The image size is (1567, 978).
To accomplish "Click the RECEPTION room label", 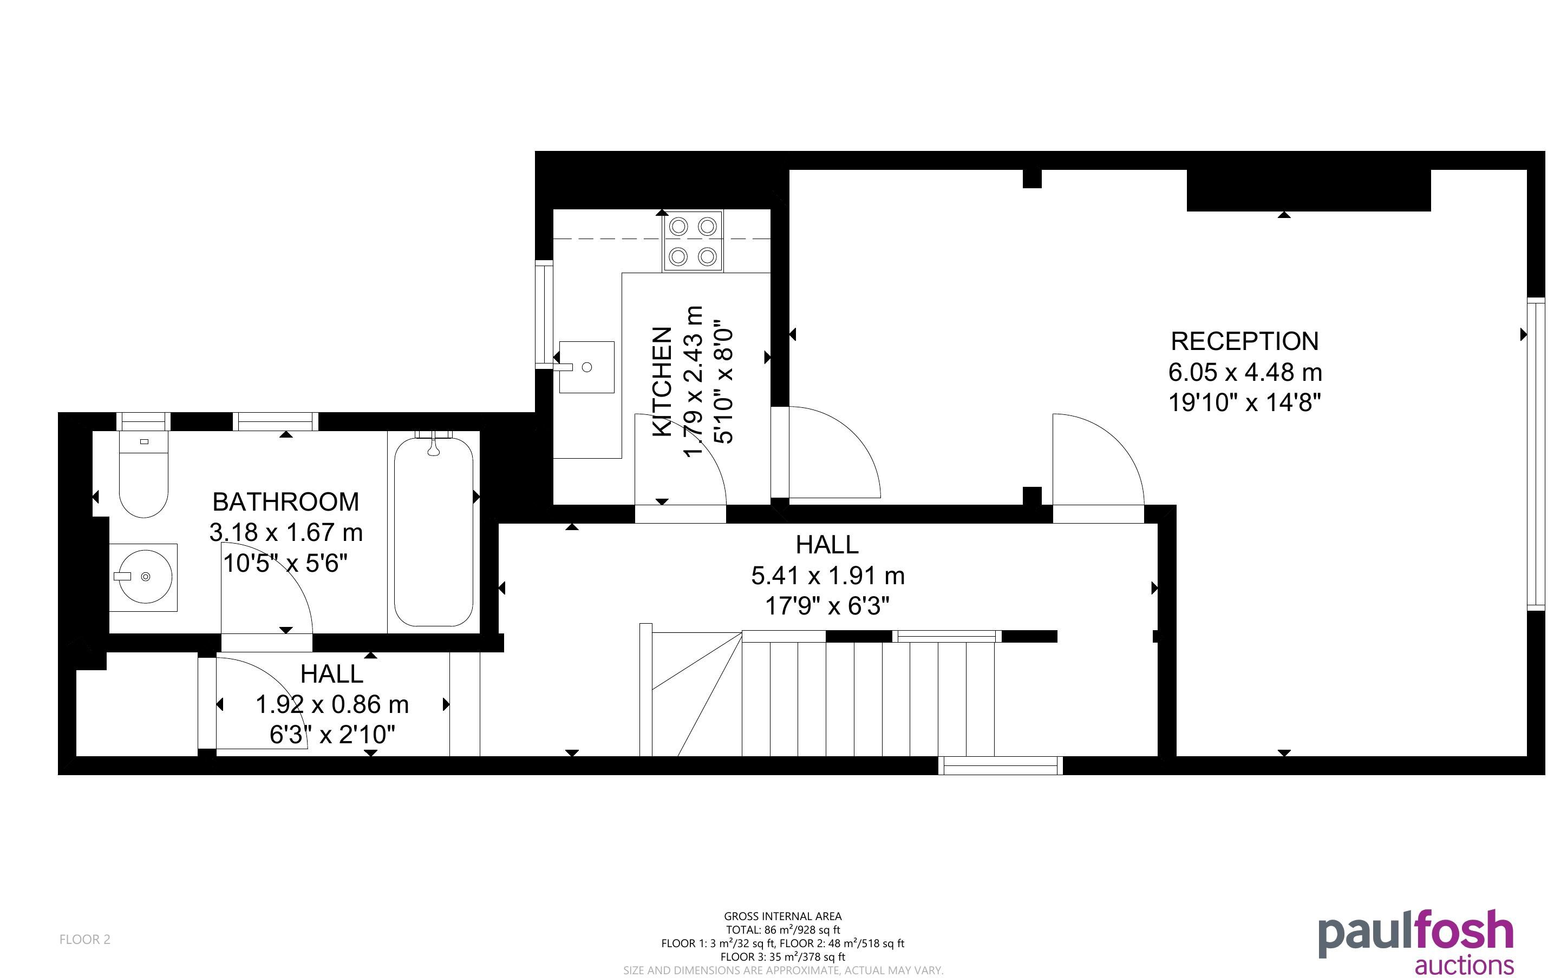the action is tap(1244, 341).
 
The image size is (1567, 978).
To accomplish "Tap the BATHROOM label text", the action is tap(285, 502).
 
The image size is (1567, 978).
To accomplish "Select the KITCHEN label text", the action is tap(662, 382).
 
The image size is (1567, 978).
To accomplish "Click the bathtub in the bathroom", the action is tap(434, 532).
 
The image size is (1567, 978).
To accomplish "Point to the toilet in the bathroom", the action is tap(143, 473).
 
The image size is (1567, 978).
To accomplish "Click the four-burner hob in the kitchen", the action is tap(693, 241).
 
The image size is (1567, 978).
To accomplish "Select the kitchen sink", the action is tap(586, 367).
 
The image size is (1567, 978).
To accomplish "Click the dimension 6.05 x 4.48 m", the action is tap(1245, 372).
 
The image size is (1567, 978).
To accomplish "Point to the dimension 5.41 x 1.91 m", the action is tap(828, 575).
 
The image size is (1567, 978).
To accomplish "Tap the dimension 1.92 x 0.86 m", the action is tap(332, 704).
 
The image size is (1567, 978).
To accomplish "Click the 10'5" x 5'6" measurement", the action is tap(285, 564).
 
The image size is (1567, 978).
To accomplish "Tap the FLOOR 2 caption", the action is tap(85, 939).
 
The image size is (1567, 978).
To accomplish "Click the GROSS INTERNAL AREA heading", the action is tap(782, 916).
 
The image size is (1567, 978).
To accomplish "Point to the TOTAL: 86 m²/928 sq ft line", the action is tap(782, 929).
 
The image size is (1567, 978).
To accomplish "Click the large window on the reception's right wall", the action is tap(1536, 453).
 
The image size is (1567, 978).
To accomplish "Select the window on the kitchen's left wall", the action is tap(544, 314).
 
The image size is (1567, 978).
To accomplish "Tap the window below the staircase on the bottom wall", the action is tap(1001, 765).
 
